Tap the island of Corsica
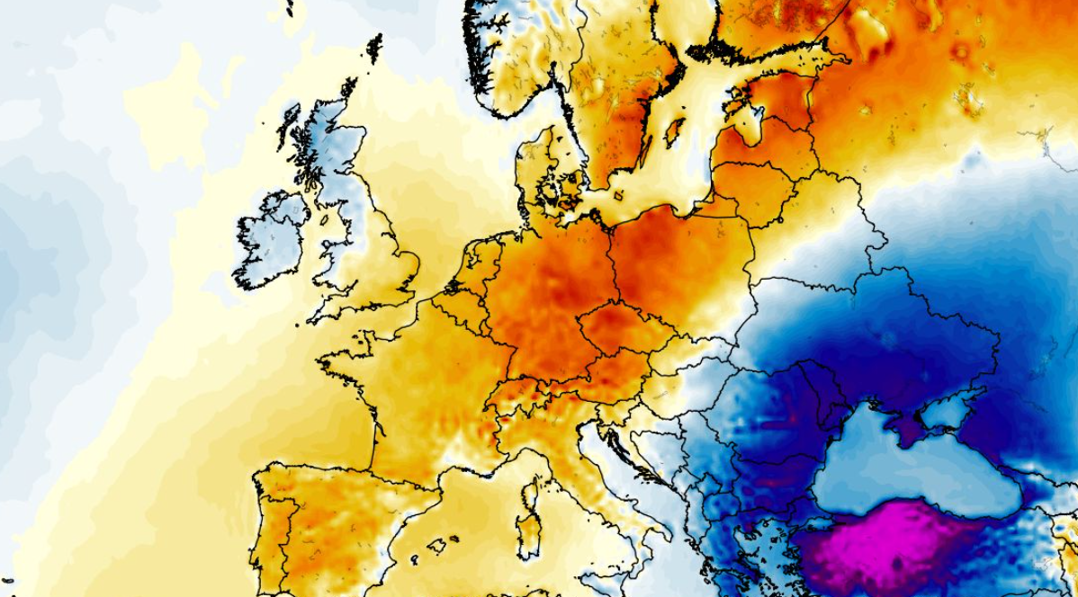pyautogui.click(x=531, y=490)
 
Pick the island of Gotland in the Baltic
pyautogui.click(x=673, y=133)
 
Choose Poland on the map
pyautogui.click(x=684, y=261)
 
